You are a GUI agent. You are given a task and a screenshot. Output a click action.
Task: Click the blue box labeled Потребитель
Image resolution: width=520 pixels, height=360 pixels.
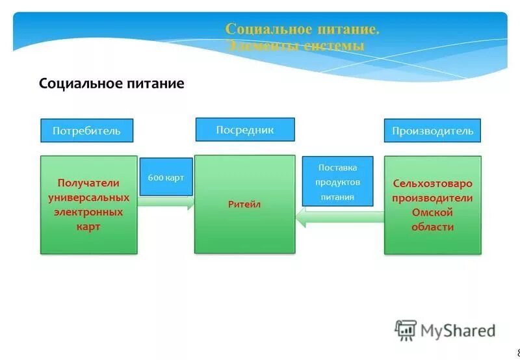(87, 131)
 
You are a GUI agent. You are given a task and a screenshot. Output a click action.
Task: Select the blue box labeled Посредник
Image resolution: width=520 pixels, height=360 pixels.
(245, 129)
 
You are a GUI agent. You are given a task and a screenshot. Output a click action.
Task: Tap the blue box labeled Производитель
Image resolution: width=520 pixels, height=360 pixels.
(432, 131)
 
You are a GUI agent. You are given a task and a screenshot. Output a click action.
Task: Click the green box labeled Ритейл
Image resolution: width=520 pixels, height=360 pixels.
(244, 204)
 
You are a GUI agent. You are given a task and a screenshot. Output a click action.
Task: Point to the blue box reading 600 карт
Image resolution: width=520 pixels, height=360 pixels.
(166, 177)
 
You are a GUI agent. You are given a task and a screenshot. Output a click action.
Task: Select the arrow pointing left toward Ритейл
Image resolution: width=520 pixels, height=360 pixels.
(338, 217)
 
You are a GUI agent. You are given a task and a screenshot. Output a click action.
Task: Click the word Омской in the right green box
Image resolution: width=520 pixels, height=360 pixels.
(432, 212)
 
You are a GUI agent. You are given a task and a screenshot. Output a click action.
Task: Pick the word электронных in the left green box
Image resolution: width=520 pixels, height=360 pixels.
(88, 212)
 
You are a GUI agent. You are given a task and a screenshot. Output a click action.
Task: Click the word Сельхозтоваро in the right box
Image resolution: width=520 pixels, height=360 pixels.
(432, 183)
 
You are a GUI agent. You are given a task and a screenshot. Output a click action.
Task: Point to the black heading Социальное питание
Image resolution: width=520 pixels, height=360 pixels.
(112, 84)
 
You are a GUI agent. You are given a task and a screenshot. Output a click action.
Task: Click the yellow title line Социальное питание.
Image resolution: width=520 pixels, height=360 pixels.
(302, 29)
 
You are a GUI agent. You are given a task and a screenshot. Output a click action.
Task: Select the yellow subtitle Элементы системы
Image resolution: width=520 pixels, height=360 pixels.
(295, 45)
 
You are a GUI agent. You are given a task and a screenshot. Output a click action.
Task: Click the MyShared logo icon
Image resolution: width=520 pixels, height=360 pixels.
(406, 330)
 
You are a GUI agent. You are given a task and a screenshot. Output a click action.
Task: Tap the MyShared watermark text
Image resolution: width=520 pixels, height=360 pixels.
(458, 331)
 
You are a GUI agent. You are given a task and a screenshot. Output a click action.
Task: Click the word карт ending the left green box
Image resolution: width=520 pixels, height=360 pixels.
(88, 227)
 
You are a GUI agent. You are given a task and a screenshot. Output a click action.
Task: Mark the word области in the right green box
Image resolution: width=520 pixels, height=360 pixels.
(432, 227)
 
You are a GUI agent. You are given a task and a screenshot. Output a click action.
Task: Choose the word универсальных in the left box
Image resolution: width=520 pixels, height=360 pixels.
(88, 198)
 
